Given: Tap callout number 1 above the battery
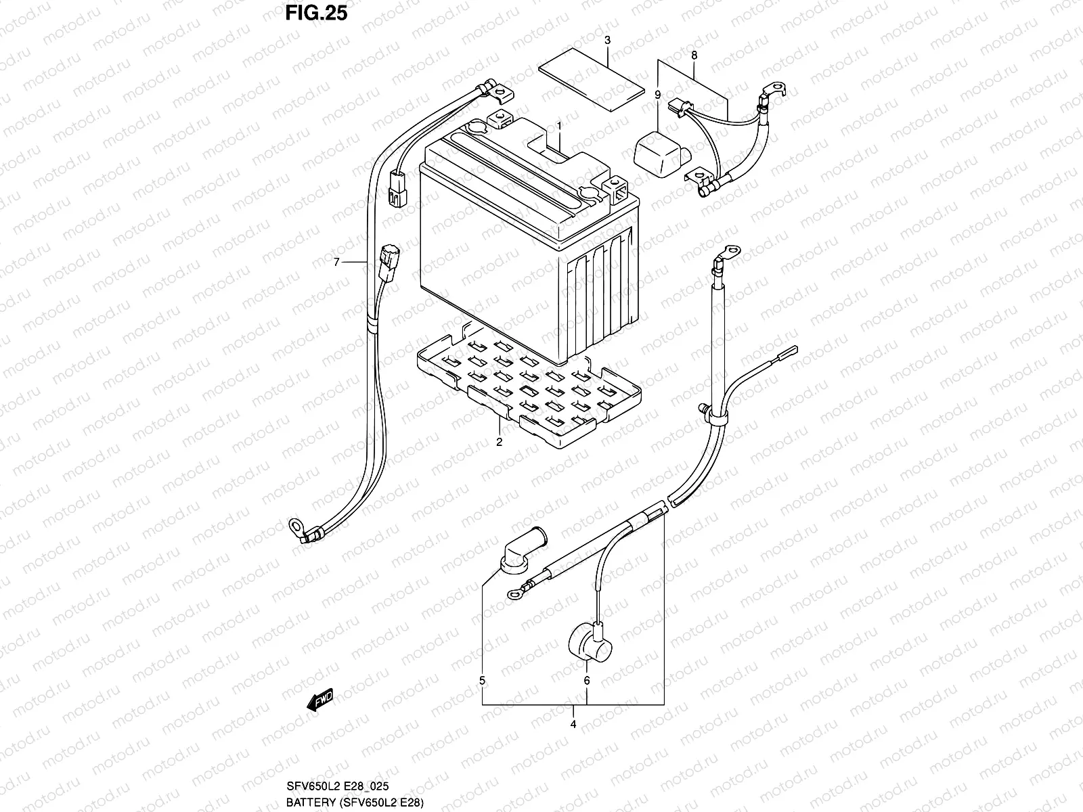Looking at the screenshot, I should tap(560, 126).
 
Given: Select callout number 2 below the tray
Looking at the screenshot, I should tap(499, 443).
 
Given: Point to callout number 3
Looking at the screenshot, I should tap(607, 41).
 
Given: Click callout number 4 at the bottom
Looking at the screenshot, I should tap(573, 724).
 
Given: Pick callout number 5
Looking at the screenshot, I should tap(482, 680).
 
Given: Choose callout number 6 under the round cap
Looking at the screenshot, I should tap(587, 680).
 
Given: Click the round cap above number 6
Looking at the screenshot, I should tap(583, 640).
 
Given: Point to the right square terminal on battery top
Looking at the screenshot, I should tap(619, 191).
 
